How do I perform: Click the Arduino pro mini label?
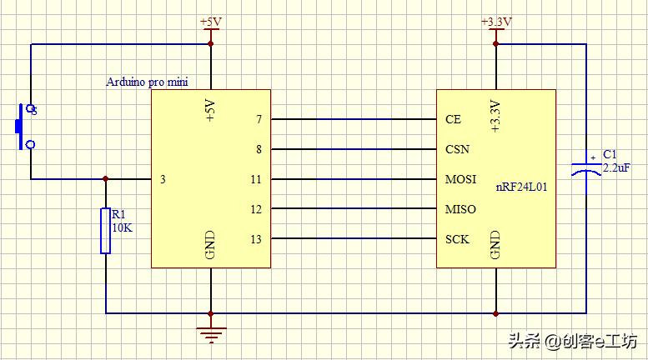point(147,82)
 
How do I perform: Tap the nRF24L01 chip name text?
point(523,187)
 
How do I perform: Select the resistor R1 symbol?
point(106,230)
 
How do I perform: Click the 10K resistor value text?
point(122,227)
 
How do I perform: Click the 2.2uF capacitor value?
point(616,167)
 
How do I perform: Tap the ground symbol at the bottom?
point(211,334)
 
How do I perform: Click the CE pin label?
point(453,119)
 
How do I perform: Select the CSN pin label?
point(457,149)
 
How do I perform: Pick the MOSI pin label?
point(460,179)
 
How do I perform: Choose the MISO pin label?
point(460,209)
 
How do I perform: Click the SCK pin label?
point(457,239)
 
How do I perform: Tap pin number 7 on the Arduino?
point(259,119)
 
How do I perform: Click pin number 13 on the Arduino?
point(256,239)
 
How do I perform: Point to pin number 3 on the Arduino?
point(163,179)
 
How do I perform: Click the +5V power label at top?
point(211,22)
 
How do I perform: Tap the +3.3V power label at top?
point(496,22)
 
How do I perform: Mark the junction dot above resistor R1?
point(106,179)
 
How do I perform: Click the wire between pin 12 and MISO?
point(354,209)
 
